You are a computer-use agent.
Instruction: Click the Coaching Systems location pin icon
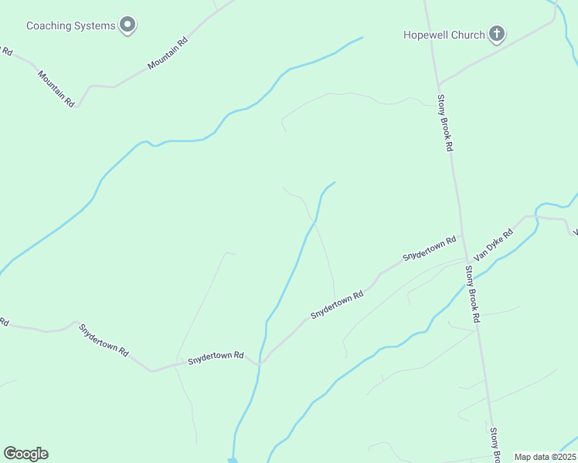tap(128, 25)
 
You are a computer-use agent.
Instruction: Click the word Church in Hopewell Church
tap(470, 35)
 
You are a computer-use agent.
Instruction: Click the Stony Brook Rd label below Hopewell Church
tap(444, 122)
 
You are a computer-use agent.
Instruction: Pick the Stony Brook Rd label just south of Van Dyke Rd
tap(472, 294)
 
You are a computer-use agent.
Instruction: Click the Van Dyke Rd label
tap(494, 245)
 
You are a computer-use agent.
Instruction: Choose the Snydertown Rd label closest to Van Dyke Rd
tap(429, 249)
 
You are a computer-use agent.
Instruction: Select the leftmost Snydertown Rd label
tap(103, 339)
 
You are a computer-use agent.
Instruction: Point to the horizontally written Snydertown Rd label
tap(216, 357)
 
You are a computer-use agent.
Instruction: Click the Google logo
tap(25, 454)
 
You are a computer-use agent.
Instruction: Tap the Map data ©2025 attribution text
tap(545, 457)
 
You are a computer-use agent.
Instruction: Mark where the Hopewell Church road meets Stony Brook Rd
tap(438, 83)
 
